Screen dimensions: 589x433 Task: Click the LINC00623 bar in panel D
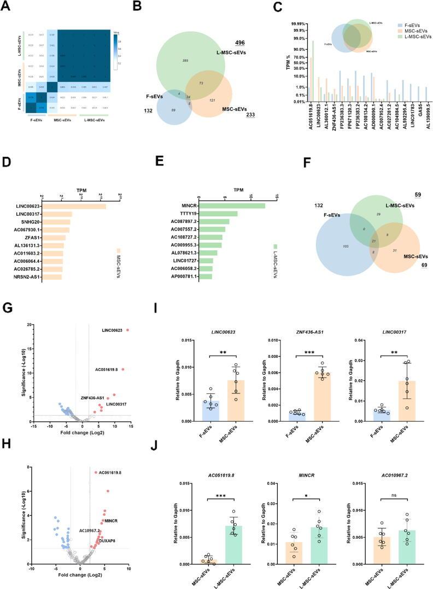(x=74, y=206)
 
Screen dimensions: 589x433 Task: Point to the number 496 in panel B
(x=240, y=43)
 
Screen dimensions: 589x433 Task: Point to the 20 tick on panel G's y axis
(x=35, y=325)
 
